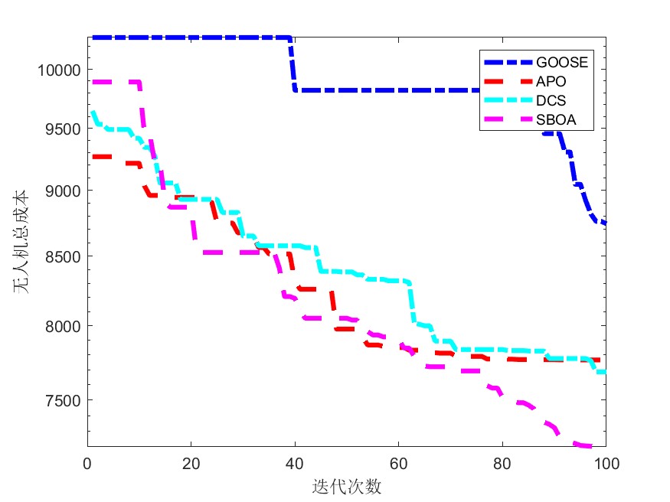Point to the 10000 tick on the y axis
click(x=59, y=70)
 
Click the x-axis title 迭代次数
click(x=347, y=486)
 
